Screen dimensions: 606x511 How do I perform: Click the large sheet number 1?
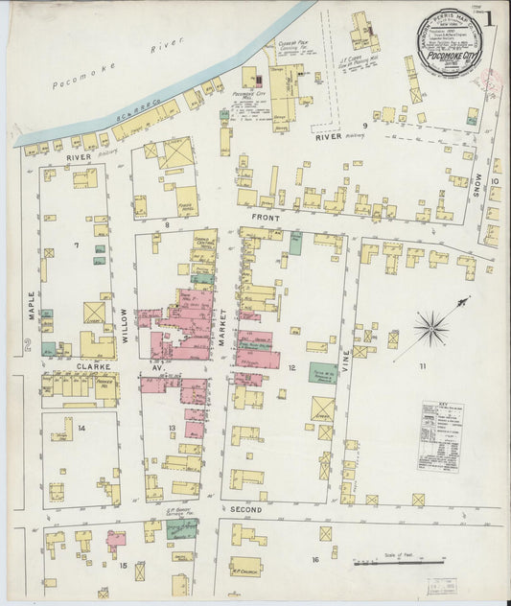489,16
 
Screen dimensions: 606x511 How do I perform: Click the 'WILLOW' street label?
125,313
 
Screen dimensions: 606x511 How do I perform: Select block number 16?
314,558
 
